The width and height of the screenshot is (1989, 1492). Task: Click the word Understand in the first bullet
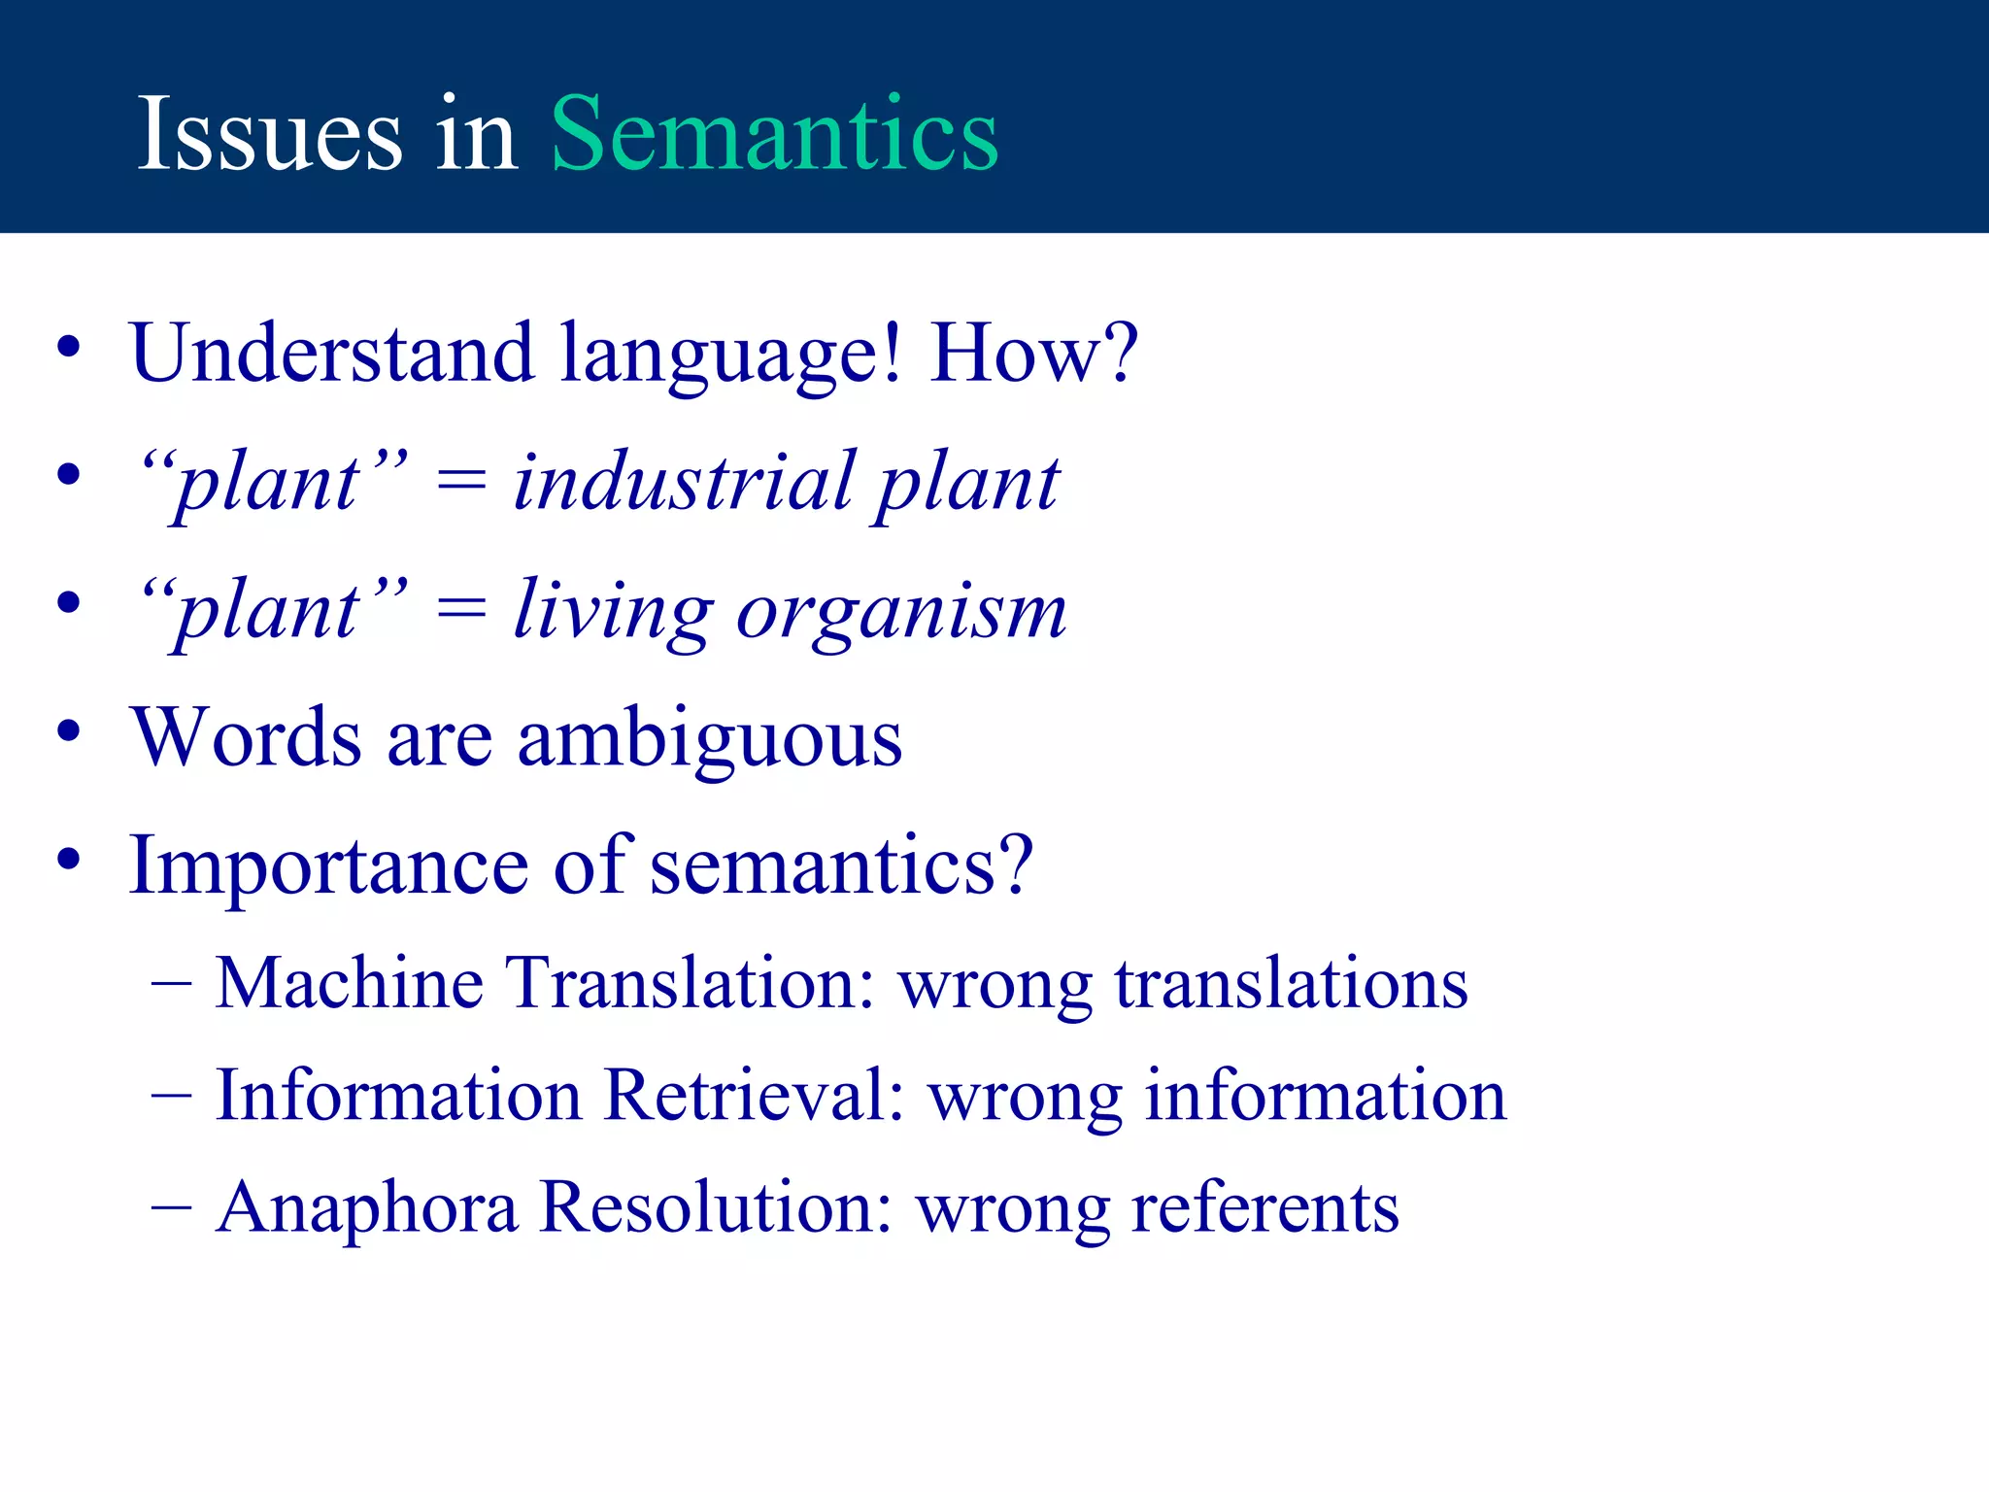[332, 353]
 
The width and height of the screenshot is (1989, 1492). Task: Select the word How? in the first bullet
[1033, 353]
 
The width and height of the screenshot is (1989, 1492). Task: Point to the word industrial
[685, 482]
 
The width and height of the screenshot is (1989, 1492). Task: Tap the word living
[614, 612]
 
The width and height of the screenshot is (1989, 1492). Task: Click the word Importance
[328, 866]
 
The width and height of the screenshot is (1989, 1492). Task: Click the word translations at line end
[1291, 983]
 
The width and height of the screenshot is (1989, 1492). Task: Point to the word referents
[1264, 1207]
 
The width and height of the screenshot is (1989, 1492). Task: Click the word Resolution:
[716, 1207]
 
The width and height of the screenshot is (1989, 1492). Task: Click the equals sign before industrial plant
[460, 482]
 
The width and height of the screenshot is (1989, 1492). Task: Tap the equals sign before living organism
[460, 611]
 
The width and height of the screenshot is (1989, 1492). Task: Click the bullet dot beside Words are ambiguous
[68, 731]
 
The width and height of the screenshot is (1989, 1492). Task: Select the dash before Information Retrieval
[172, 1096]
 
